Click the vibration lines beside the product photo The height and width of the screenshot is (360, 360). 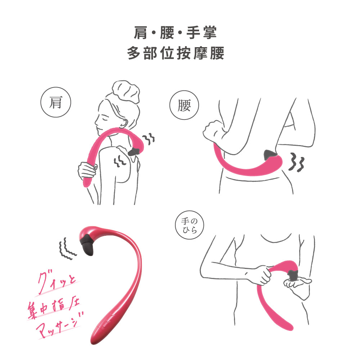pyautogui.click(x=67, y=248)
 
